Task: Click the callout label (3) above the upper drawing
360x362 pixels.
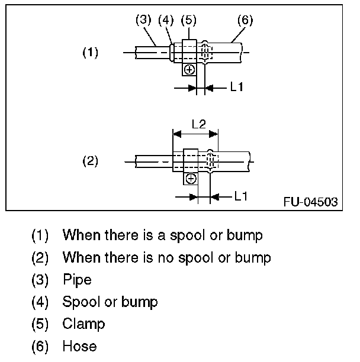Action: (144, 20)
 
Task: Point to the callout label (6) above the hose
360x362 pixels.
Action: (245, 20)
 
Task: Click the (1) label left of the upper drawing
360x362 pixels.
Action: (90, 53)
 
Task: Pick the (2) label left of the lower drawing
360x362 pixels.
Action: (90, 161)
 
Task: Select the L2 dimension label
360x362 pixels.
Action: (198, 124)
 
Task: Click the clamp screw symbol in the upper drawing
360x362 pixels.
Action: (189, 70)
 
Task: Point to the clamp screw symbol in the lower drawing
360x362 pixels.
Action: (191, 178)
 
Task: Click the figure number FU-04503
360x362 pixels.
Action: (310, 202)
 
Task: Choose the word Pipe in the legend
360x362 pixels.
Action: (77, 279)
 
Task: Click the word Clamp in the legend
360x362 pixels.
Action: (83, 324)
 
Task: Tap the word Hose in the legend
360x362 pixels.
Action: (79, 346)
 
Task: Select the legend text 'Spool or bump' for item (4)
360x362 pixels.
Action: (110, 302)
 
